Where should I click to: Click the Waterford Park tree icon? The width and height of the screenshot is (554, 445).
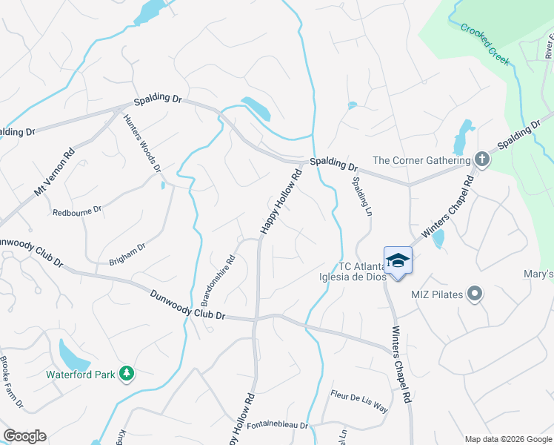click(127, 375)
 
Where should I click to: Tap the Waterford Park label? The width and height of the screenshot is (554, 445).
click(80, 375)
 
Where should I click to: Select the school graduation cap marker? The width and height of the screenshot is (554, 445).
click(398, 260)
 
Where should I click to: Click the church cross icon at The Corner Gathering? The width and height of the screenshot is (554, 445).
click(481, 159)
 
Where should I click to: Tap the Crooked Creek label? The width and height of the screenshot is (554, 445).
click(486, 44)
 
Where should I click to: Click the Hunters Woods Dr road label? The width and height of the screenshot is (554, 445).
click(141, 138)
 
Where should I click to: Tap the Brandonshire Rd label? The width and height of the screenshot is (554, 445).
click(218, 281)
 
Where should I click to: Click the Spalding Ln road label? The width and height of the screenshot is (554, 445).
click(361, 197)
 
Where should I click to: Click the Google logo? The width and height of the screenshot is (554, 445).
click(24, 436)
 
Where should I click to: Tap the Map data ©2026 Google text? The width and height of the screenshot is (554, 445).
click(508, 439)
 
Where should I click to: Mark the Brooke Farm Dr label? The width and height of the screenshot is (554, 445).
click(13, 383)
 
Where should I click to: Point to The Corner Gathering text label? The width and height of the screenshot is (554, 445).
click(421, 160)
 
